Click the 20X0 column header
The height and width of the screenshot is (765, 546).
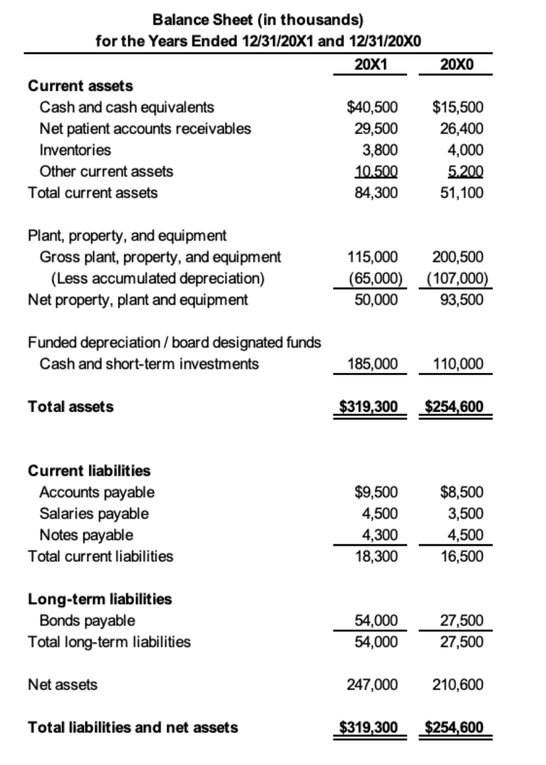click(x=456, y=64)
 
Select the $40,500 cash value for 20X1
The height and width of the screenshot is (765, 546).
click(x=372, y=108)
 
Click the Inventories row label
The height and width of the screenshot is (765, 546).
click(x=75, y=150)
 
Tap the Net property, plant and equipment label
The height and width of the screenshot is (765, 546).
click(x=138, y=299)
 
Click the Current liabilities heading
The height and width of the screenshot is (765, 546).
click(x=89, y=471)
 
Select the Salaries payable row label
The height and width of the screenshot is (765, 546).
click(x=94, y=513)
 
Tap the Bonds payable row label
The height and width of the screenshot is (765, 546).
click(x=87, y=620)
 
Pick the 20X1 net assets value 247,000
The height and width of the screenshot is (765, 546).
click(x=373, y=685)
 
